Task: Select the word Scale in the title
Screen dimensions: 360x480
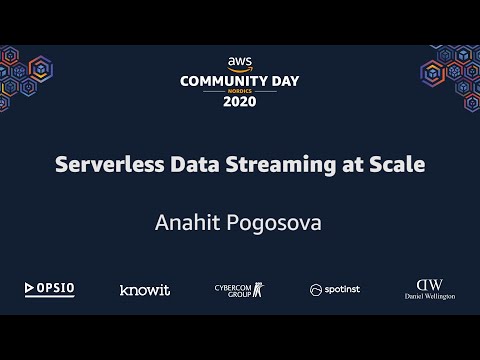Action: coord(398,164)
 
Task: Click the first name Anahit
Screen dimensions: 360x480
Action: coord(186,221)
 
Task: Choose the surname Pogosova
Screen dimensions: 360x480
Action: coord(275,221)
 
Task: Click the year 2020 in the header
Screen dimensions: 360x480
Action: coord(240,101)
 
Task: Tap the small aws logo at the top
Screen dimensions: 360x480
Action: coord(240,62)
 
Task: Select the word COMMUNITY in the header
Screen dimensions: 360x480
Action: coord(218,79)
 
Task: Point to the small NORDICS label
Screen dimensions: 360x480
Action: coord(240,90)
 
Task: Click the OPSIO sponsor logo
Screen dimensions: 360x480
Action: coord(50,289)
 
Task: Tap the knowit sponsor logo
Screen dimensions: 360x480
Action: coord(145,290)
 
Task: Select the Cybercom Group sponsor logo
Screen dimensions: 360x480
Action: coord(239,289)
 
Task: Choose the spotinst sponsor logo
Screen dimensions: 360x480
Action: coord(336,290)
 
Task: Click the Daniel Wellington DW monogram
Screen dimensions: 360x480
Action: coord(429,283)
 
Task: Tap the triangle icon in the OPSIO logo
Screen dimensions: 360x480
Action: coord(30,289)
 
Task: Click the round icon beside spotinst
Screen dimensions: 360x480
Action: coord(315,290)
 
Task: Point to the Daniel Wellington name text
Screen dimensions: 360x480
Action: coord(429,297)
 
